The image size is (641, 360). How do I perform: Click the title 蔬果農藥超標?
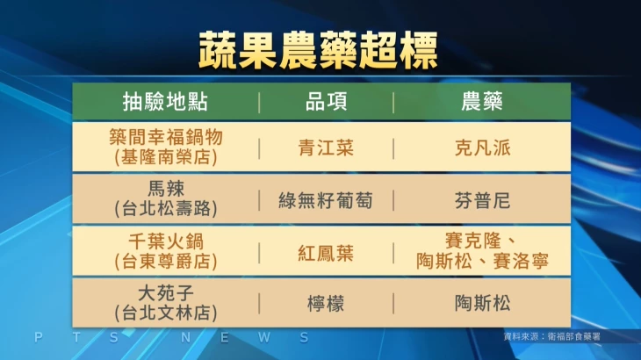tap(318, 51)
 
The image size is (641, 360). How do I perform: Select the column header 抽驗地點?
tap(166, 102)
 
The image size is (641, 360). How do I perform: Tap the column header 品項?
tap(327, 102)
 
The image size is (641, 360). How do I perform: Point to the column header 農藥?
tap(482, 102)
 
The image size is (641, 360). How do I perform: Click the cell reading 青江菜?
tap(326, 148)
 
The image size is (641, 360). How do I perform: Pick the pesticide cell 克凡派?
tap(482, 148)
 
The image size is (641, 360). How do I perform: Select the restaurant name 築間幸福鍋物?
tap(166, 137)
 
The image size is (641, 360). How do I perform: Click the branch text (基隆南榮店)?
tap(166, 157)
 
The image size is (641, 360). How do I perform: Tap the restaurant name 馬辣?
tap(166, 189)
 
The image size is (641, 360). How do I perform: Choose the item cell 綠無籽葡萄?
tap(326, 201)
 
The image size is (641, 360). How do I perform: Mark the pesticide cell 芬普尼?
tap(482, 201)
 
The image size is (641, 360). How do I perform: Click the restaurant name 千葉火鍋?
tap(166, 241)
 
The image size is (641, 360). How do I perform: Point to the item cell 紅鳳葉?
tap(326, 254)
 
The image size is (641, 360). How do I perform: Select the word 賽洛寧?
tap(521, 261)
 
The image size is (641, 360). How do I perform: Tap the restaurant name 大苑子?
tap(166, 293)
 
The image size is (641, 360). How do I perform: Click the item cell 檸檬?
tap(326, 304)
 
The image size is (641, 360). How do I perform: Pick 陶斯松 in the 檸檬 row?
tap(482, 304)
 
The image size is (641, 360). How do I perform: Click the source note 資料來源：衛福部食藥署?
tap(552, 336)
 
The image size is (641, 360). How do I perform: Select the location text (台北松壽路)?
tap(166, 209)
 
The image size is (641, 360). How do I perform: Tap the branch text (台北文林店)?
tap(166, 313)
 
